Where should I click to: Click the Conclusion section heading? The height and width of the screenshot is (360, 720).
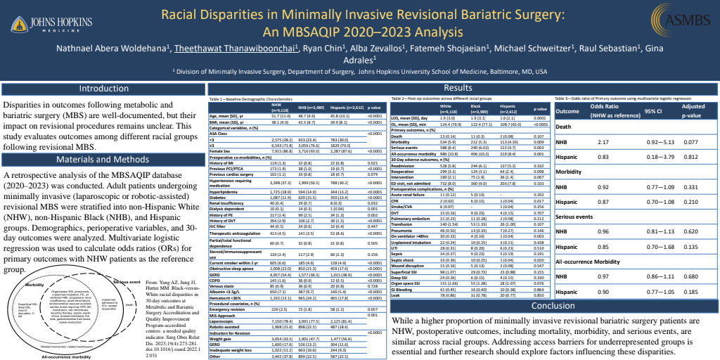coord(553,306)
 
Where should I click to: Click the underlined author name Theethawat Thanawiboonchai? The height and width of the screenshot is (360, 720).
coord(236,49)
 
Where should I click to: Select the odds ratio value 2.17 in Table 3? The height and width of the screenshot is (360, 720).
coord(603,142)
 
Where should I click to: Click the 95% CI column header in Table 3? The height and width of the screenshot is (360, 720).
coord(654,111)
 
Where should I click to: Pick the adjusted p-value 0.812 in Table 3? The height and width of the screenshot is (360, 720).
coord(691,157)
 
